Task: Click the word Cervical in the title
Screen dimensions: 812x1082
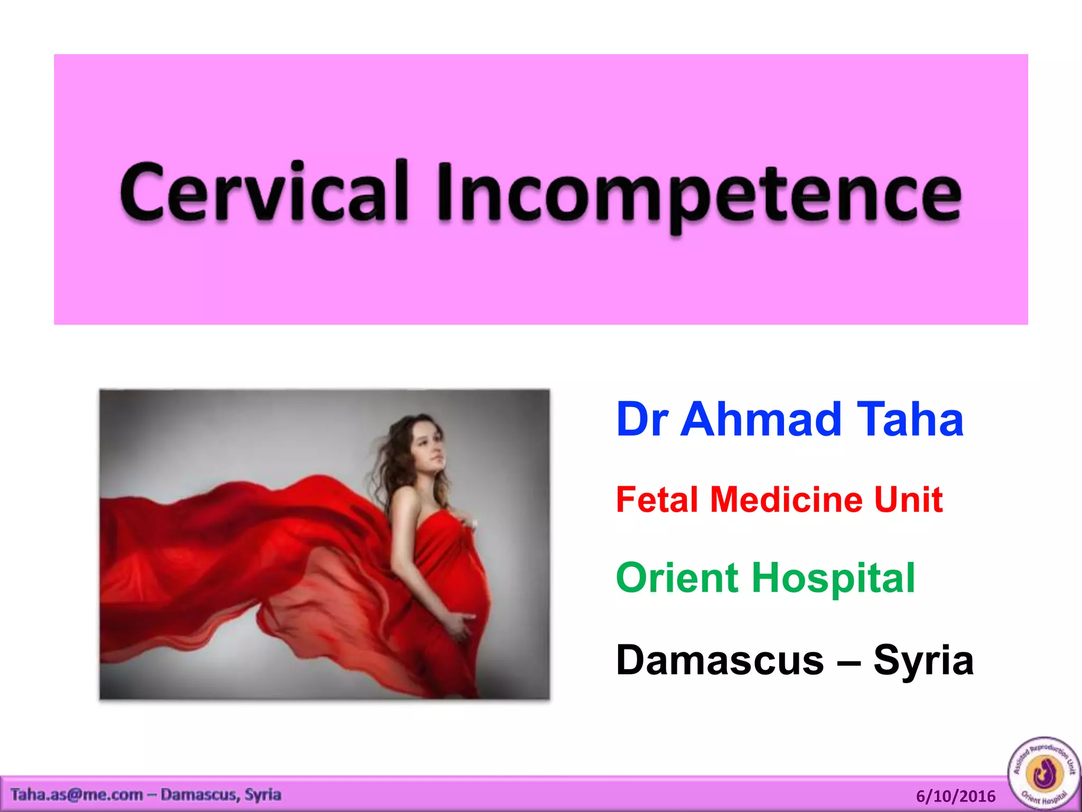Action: (x=264, y=191)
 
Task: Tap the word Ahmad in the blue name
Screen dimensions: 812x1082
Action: (x=761, y=420)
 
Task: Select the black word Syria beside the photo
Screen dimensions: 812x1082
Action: (x=923, y=660)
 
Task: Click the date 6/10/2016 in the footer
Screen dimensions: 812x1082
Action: (x=955, y=796)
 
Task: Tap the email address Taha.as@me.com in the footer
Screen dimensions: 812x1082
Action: (x=77, y=795)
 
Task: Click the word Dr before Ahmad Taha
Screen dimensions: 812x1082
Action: (x=642, y=420)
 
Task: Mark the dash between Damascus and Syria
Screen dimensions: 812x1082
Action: (x=848, y=661)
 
